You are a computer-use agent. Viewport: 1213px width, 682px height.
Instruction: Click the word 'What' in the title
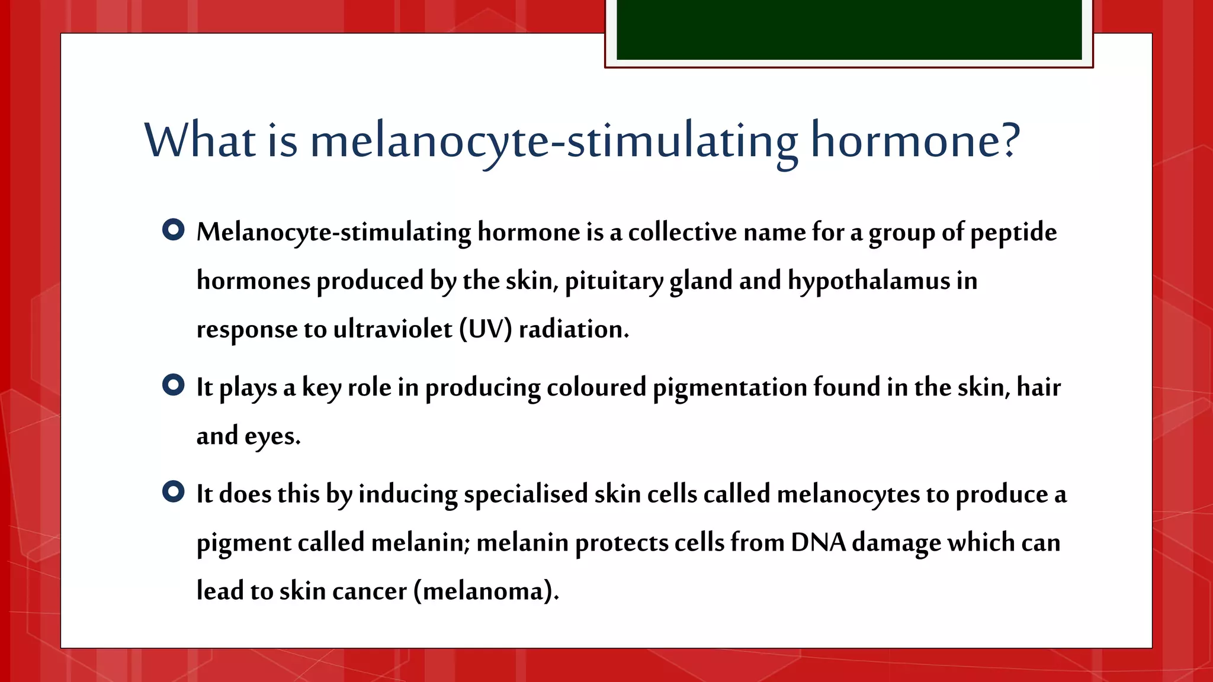[200, 141]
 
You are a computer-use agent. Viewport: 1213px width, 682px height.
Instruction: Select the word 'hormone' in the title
[907, 141]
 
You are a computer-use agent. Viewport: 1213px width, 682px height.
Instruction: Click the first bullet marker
[173, 230]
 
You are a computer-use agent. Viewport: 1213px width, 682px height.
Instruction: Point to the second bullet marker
[173, 385]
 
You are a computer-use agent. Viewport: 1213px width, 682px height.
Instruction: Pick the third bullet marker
[173, 491]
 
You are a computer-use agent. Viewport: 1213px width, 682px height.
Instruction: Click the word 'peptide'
[1013, 233]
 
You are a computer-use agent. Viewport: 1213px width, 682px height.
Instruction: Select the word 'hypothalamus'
[868, 281]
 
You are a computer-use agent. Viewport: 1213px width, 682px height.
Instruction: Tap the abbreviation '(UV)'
[485, 330]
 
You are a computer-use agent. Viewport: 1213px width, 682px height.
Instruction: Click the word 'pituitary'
[614, 281]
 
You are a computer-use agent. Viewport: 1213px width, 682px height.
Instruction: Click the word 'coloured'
[596, 388]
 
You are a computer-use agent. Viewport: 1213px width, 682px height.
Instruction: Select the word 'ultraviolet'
[393, 330]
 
